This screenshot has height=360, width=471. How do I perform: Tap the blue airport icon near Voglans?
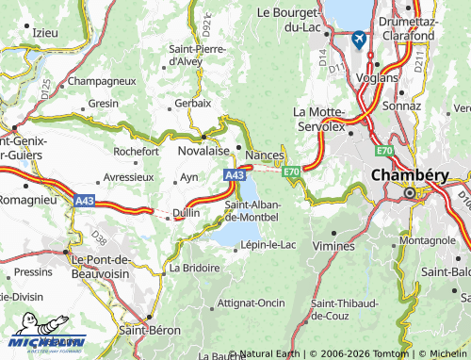point(359,39)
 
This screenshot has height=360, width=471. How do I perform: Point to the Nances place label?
point(264,155)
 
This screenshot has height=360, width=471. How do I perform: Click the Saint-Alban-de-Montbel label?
point(252,211)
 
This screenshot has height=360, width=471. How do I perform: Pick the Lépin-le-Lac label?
point(268,244)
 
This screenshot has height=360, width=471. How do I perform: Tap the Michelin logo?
point(47,341)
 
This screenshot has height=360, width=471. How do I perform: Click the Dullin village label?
point(185,214)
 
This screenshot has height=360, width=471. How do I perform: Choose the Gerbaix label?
point(192,103)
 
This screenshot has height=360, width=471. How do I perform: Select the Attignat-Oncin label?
point(251,303)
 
